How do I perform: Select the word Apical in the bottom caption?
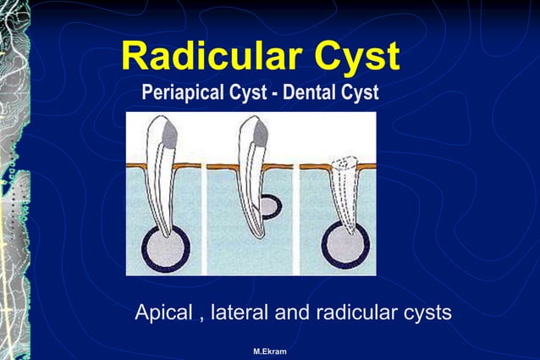click(x=163, y=313)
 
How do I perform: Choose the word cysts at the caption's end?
click(x=425, y=313)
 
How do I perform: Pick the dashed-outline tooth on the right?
click(x=347, y=191)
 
